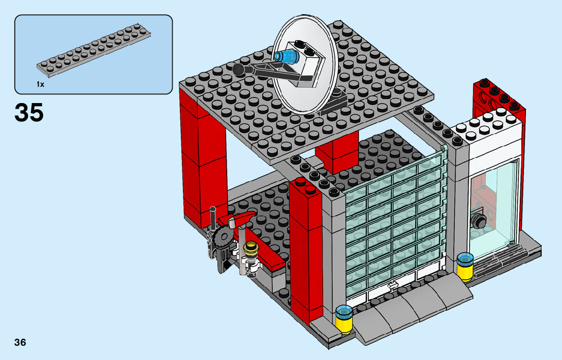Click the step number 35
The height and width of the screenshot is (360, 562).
click(29, 112)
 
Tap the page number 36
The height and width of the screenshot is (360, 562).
click(20, 342)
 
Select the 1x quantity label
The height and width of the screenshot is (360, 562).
click(40, 84)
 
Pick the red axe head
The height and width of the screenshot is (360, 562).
click(240, 221)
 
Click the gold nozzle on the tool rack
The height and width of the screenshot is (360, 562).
click(251, 249)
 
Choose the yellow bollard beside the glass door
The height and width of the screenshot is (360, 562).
click(464, 267)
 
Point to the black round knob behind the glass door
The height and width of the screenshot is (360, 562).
click(478, 221)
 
